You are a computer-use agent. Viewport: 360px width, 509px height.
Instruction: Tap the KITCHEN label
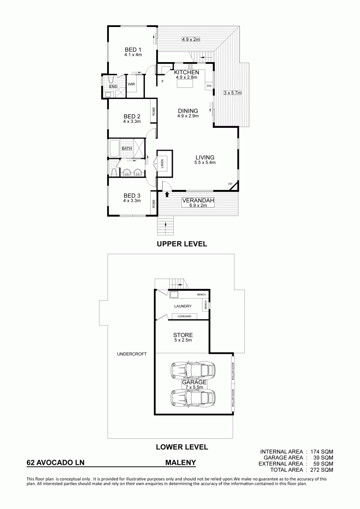(x=187, y=72)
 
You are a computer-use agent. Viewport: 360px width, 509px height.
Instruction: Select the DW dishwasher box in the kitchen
(x=209, y=86)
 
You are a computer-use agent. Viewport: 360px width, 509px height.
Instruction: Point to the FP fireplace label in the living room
(x=230, y=185)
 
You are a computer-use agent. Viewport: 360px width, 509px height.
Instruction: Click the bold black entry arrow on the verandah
(x=167, y=194)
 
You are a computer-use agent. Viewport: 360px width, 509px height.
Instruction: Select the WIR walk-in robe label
(x=131, y=84)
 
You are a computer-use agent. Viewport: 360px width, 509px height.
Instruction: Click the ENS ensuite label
(x=112, y=87)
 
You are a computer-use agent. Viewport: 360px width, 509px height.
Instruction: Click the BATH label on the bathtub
(x=127, y=149)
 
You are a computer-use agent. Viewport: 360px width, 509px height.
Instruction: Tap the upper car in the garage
(x=193, y=369)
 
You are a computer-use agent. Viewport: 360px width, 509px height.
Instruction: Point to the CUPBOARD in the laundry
(x=184, y=316)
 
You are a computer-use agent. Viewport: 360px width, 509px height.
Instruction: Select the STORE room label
(x=183, y=335)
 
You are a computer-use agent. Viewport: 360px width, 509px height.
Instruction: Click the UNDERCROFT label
(x=132, y=354)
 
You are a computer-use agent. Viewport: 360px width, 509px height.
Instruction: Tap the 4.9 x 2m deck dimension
(x=190, y=39)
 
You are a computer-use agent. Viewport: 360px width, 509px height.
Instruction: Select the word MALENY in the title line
(x=181, y=462)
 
